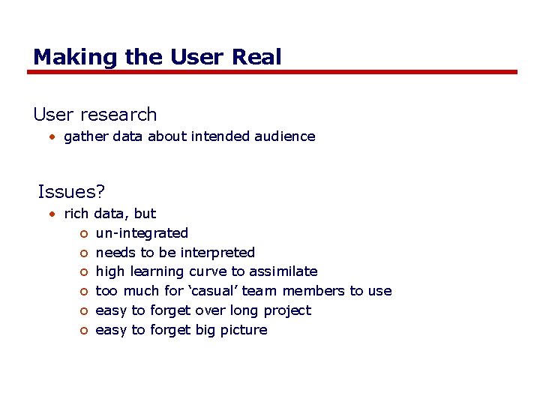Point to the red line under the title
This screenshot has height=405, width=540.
272,72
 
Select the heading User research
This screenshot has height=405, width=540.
95,115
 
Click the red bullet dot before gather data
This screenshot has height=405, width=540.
52,137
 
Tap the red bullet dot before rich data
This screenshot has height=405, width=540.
52,214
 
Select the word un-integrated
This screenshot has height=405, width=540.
142,233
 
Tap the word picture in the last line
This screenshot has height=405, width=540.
242,330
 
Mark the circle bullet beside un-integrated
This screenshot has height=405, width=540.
83,234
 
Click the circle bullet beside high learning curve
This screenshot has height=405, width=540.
83,272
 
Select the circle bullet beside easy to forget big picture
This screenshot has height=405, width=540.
83,331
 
